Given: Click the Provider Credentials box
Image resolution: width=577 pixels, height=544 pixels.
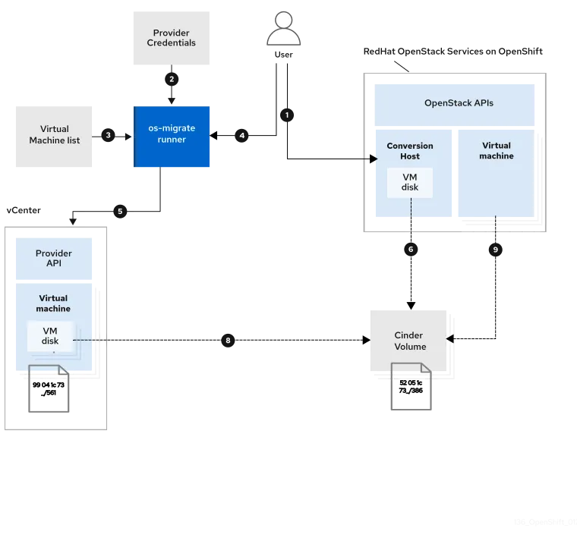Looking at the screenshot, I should tap(171, 37).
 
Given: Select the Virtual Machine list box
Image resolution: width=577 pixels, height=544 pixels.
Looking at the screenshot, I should tap(55, 135).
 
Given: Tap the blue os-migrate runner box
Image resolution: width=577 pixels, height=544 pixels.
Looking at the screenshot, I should tap(172, 135).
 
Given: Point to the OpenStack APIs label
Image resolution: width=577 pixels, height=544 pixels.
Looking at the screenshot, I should tap(459, 102).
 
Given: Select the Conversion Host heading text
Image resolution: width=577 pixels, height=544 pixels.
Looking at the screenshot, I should tap(410, 151).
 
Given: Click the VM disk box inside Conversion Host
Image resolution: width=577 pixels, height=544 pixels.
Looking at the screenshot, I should tap(410, 182).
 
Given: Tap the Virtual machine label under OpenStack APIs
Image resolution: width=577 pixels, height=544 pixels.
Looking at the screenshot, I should tap(496, 150).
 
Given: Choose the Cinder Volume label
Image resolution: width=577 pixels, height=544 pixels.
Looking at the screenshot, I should tap(410, 341).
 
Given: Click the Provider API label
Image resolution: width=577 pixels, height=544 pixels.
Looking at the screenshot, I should tap(54, 258).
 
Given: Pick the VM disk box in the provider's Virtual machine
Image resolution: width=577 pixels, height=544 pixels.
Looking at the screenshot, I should tap(50, 336).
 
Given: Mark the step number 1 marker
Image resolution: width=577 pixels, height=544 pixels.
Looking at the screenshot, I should tap(287, 115).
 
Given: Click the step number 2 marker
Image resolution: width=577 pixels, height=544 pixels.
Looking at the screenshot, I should tap(172, 79).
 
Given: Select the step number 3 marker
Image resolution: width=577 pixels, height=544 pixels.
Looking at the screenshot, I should tap(109, 135).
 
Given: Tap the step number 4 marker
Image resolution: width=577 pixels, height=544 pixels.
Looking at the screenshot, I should tap(241, 136).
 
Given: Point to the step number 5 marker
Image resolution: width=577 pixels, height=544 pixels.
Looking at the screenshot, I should tap(119, 211).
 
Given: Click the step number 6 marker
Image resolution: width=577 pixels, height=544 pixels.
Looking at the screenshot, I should tap(411, 249).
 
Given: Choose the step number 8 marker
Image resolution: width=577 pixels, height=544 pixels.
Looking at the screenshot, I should tap(228, 341).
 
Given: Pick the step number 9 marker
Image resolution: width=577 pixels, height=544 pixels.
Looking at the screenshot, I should tap(495, 249).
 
